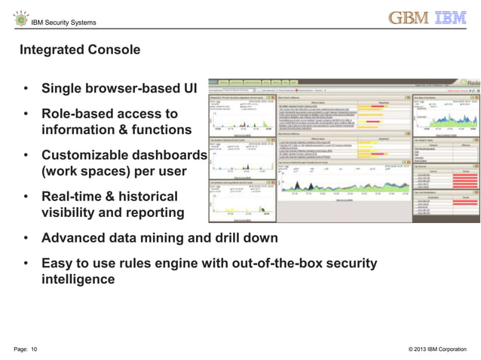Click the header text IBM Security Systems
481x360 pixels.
click(63, 23)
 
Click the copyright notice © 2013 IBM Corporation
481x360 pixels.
click(437, 349)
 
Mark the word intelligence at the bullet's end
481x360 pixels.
click(78, 279)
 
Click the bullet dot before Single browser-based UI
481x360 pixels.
click(26, 90)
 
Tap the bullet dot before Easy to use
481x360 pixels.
click(26, 264)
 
